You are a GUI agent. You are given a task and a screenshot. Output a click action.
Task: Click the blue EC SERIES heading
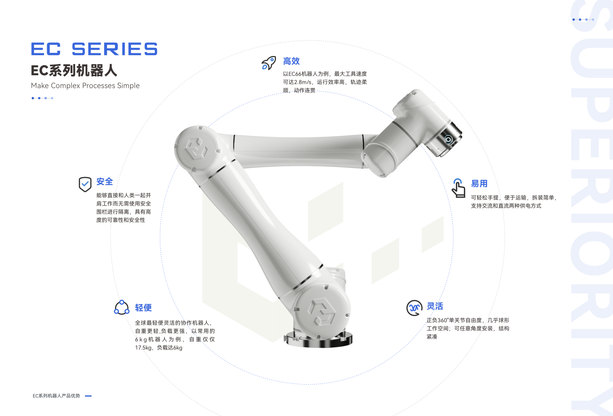point(94,49)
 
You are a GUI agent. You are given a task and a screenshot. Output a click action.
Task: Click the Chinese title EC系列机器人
point(74,71)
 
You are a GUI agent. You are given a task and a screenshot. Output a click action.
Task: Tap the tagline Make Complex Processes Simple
point(85,86)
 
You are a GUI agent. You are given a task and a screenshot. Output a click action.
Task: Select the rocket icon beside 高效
point(268,63)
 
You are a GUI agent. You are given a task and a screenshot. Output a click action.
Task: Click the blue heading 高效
point(291,61)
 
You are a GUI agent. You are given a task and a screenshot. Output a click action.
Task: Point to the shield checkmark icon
point(85,184)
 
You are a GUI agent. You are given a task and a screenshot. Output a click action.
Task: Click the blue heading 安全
point(105,182)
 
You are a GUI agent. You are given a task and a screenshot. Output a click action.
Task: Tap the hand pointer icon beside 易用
point(458,188)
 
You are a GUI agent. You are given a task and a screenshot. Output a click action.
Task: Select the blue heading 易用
point(479,184)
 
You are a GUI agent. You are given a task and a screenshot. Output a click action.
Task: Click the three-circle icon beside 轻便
point(122,308)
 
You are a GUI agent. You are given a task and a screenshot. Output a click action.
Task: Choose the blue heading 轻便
point(143,308)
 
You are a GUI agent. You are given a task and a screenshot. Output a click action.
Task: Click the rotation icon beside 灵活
point(414,308)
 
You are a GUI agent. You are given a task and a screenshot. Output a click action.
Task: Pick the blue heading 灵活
point(435,306)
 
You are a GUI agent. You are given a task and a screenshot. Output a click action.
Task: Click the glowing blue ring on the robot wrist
point(448,140)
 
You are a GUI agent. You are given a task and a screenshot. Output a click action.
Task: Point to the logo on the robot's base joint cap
point(322,312)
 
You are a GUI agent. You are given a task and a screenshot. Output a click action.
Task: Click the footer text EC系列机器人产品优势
point(56,396)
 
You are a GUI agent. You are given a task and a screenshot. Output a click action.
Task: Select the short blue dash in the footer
point(88,396)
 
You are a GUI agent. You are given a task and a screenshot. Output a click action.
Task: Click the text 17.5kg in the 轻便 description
point(143,348)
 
